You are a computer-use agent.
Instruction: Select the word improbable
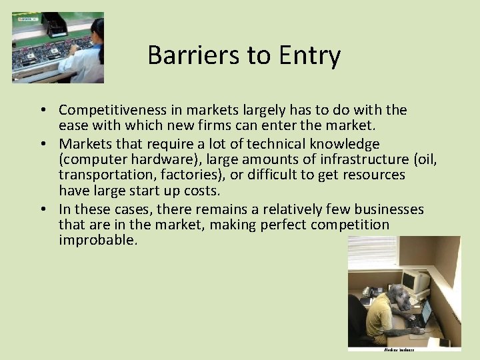[x=97, y=240]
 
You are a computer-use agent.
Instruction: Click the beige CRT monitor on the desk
[x=417, y=280]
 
